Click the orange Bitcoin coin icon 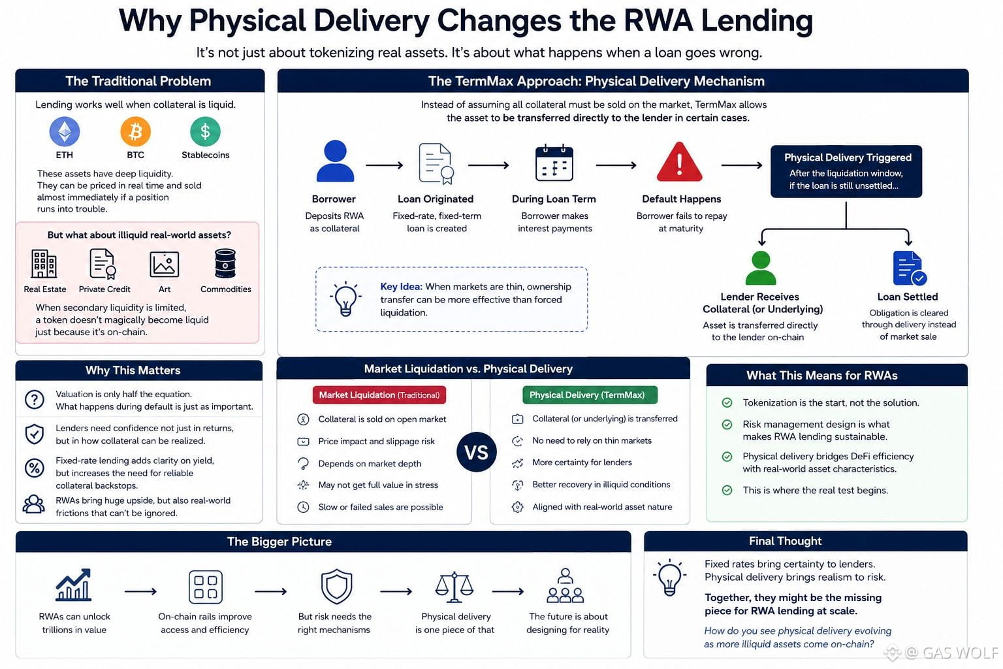[135, 132]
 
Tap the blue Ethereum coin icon [65, 132]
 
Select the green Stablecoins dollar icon [205, 132]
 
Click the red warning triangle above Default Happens [679, 162]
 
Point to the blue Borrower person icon [335, 161]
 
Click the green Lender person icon [760, 268]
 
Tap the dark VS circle [477, 452]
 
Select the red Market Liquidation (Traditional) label [379, 395]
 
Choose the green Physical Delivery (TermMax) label [590, 395]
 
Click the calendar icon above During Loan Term [554, 163]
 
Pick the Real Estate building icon [44, 264]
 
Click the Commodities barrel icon [225, 264]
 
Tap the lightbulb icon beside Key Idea [345, 299]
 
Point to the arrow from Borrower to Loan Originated [384, 165]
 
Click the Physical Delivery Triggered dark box [846, 171]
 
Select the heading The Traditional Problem [138, 81]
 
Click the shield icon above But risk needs [336, 587]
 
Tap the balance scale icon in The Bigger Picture [454, 587]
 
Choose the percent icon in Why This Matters [35, 468]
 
